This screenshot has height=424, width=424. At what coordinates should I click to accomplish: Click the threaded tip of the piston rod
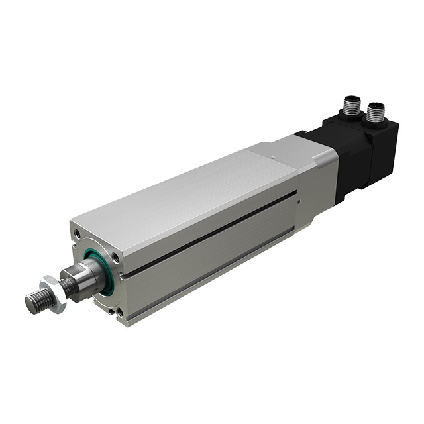click(36, 301)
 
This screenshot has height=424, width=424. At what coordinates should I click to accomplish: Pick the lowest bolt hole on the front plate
click(120, 311)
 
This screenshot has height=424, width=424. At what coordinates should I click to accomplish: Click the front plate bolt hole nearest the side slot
click(116, 258)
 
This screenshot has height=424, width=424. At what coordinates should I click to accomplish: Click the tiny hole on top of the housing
click(273, 158)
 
